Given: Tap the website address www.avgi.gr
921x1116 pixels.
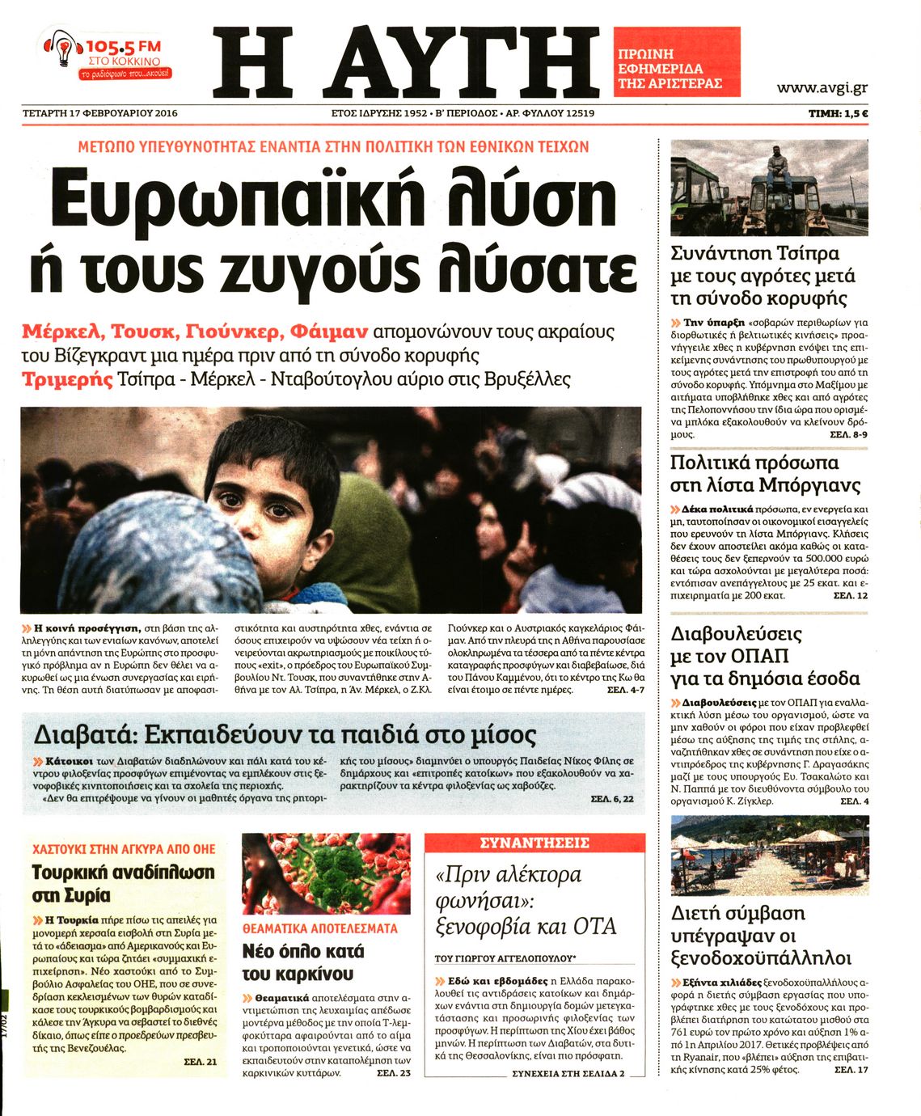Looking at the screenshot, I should tap(822, 88).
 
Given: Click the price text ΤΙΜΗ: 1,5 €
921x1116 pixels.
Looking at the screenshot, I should tap(838, 114).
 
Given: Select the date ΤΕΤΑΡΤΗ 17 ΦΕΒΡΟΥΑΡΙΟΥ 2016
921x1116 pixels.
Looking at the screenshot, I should tap(99, 113).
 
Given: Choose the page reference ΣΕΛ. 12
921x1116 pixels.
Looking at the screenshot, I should tap(850, 595).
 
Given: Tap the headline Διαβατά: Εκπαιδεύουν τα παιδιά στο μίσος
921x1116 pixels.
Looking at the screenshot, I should tap(285, 734).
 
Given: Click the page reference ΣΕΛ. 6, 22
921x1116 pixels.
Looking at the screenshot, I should tap(611, 798).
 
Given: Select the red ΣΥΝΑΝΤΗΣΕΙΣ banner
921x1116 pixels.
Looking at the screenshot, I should tap(534, 843).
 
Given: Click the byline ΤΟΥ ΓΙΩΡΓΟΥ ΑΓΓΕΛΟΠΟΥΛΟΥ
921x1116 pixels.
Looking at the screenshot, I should tap(505, 958).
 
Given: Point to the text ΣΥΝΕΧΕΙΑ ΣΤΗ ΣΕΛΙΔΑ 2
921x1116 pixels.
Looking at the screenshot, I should tap(568, 1073).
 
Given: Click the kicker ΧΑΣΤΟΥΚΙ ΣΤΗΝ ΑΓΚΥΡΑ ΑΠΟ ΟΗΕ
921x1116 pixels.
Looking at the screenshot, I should tap(124, 848).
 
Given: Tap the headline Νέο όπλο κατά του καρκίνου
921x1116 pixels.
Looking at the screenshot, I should tap(303, 962).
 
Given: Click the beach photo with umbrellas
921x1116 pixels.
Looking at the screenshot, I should tap(769, 855).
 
